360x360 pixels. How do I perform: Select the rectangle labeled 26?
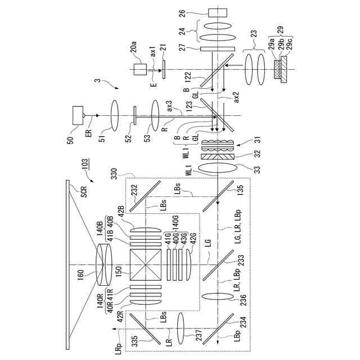217,12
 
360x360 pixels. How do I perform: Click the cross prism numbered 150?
146,264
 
